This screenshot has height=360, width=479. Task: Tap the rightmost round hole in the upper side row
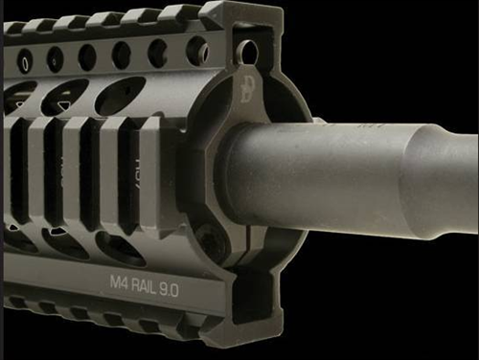(196, 50)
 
